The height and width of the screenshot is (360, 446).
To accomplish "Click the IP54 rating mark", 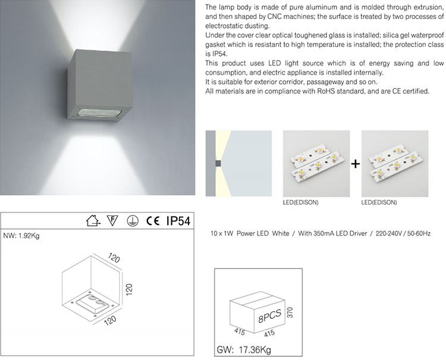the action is tap(178, 221).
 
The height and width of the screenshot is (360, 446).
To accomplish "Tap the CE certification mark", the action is tap(153, 221).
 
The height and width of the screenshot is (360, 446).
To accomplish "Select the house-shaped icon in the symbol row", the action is tap(93, 221).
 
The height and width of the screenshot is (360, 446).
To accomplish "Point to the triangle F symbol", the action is tap(112, 221).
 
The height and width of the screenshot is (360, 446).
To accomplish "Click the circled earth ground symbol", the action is tap(133, 221).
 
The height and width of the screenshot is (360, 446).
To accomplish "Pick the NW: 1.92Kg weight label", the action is tap(21, 236).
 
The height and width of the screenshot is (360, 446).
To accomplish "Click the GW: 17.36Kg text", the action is tap(244, 349).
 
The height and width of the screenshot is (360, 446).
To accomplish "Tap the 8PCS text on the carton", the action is tap(269, 315).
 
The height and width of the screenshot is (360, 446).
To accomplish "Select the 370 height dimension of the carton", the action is tap(290, 312).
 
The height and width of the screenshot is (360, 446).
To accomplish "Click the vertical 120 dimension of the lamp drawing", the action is tap(129, 289).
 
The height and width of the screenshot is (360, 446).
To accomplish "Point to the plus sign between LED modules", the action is tap(356, 164).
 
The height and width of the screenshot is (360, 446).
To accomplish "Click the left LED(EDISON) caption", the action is tap(301, 202).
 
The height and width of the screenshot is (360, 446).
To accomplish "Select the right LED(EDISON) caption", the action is tap(379, 202).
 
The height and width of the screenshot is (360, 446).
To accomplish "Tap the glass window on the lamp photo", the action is tap(99, 112).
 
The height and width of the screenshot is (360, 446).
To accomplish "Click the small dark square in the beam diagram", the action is tap(218, 164).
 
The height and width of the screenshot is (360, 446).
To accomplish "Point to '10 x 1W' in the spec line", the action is tap(222, 234).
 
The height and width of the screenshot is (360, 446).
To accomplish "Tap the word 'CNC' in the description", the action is tap(274, 17).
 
